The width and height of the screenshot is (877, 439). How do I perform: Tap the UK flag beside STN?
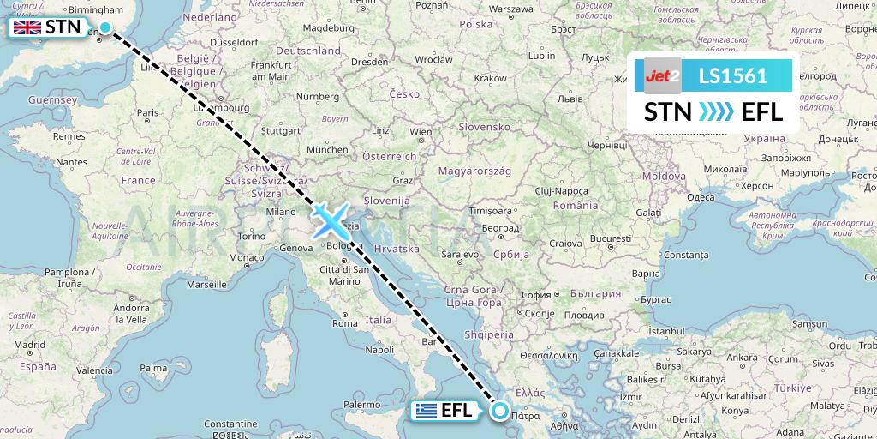[x=27, y=27]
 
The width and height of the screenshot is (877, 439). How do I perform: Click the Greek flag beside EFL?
[x=426, y=411]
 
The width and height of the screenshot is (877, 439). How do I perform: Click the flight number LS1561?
[x=732, y=76]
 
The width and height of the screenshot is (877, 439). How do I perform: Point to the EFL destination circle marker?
[x=501, y=412]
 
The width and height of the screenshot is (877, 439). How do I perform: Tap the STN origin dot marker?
[x=104, y=27]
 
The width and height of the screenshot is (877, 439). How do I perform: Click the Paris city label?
[x=148, y=112]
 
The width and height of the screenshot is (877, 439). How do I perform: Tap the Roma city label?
[x=344, y=323]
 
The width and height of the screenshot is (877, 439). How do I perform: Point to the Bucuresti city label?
[x=610, y=237]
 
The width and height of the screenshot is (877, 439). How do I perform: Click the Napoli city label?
[x=379, y=349]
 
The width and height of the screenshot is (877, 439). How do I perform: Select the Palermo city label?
[x=363, y=404]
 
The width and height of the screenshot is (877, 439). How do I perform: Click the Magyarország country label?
[x=474, y=171]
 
